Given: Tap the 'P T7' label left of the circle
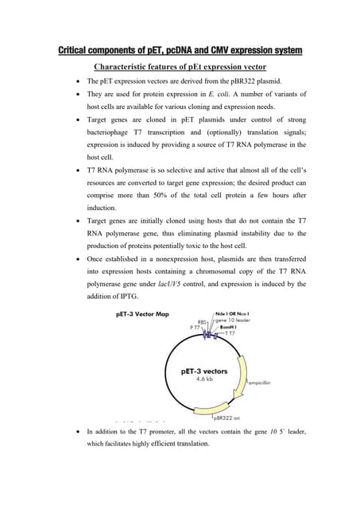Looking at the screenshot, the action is tap(195, 328).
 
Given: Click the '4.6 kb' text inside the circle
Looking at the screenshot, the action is tap(203, 379).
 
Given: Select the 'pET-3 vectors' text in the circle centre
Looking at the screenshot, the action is tap(204, 371).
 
